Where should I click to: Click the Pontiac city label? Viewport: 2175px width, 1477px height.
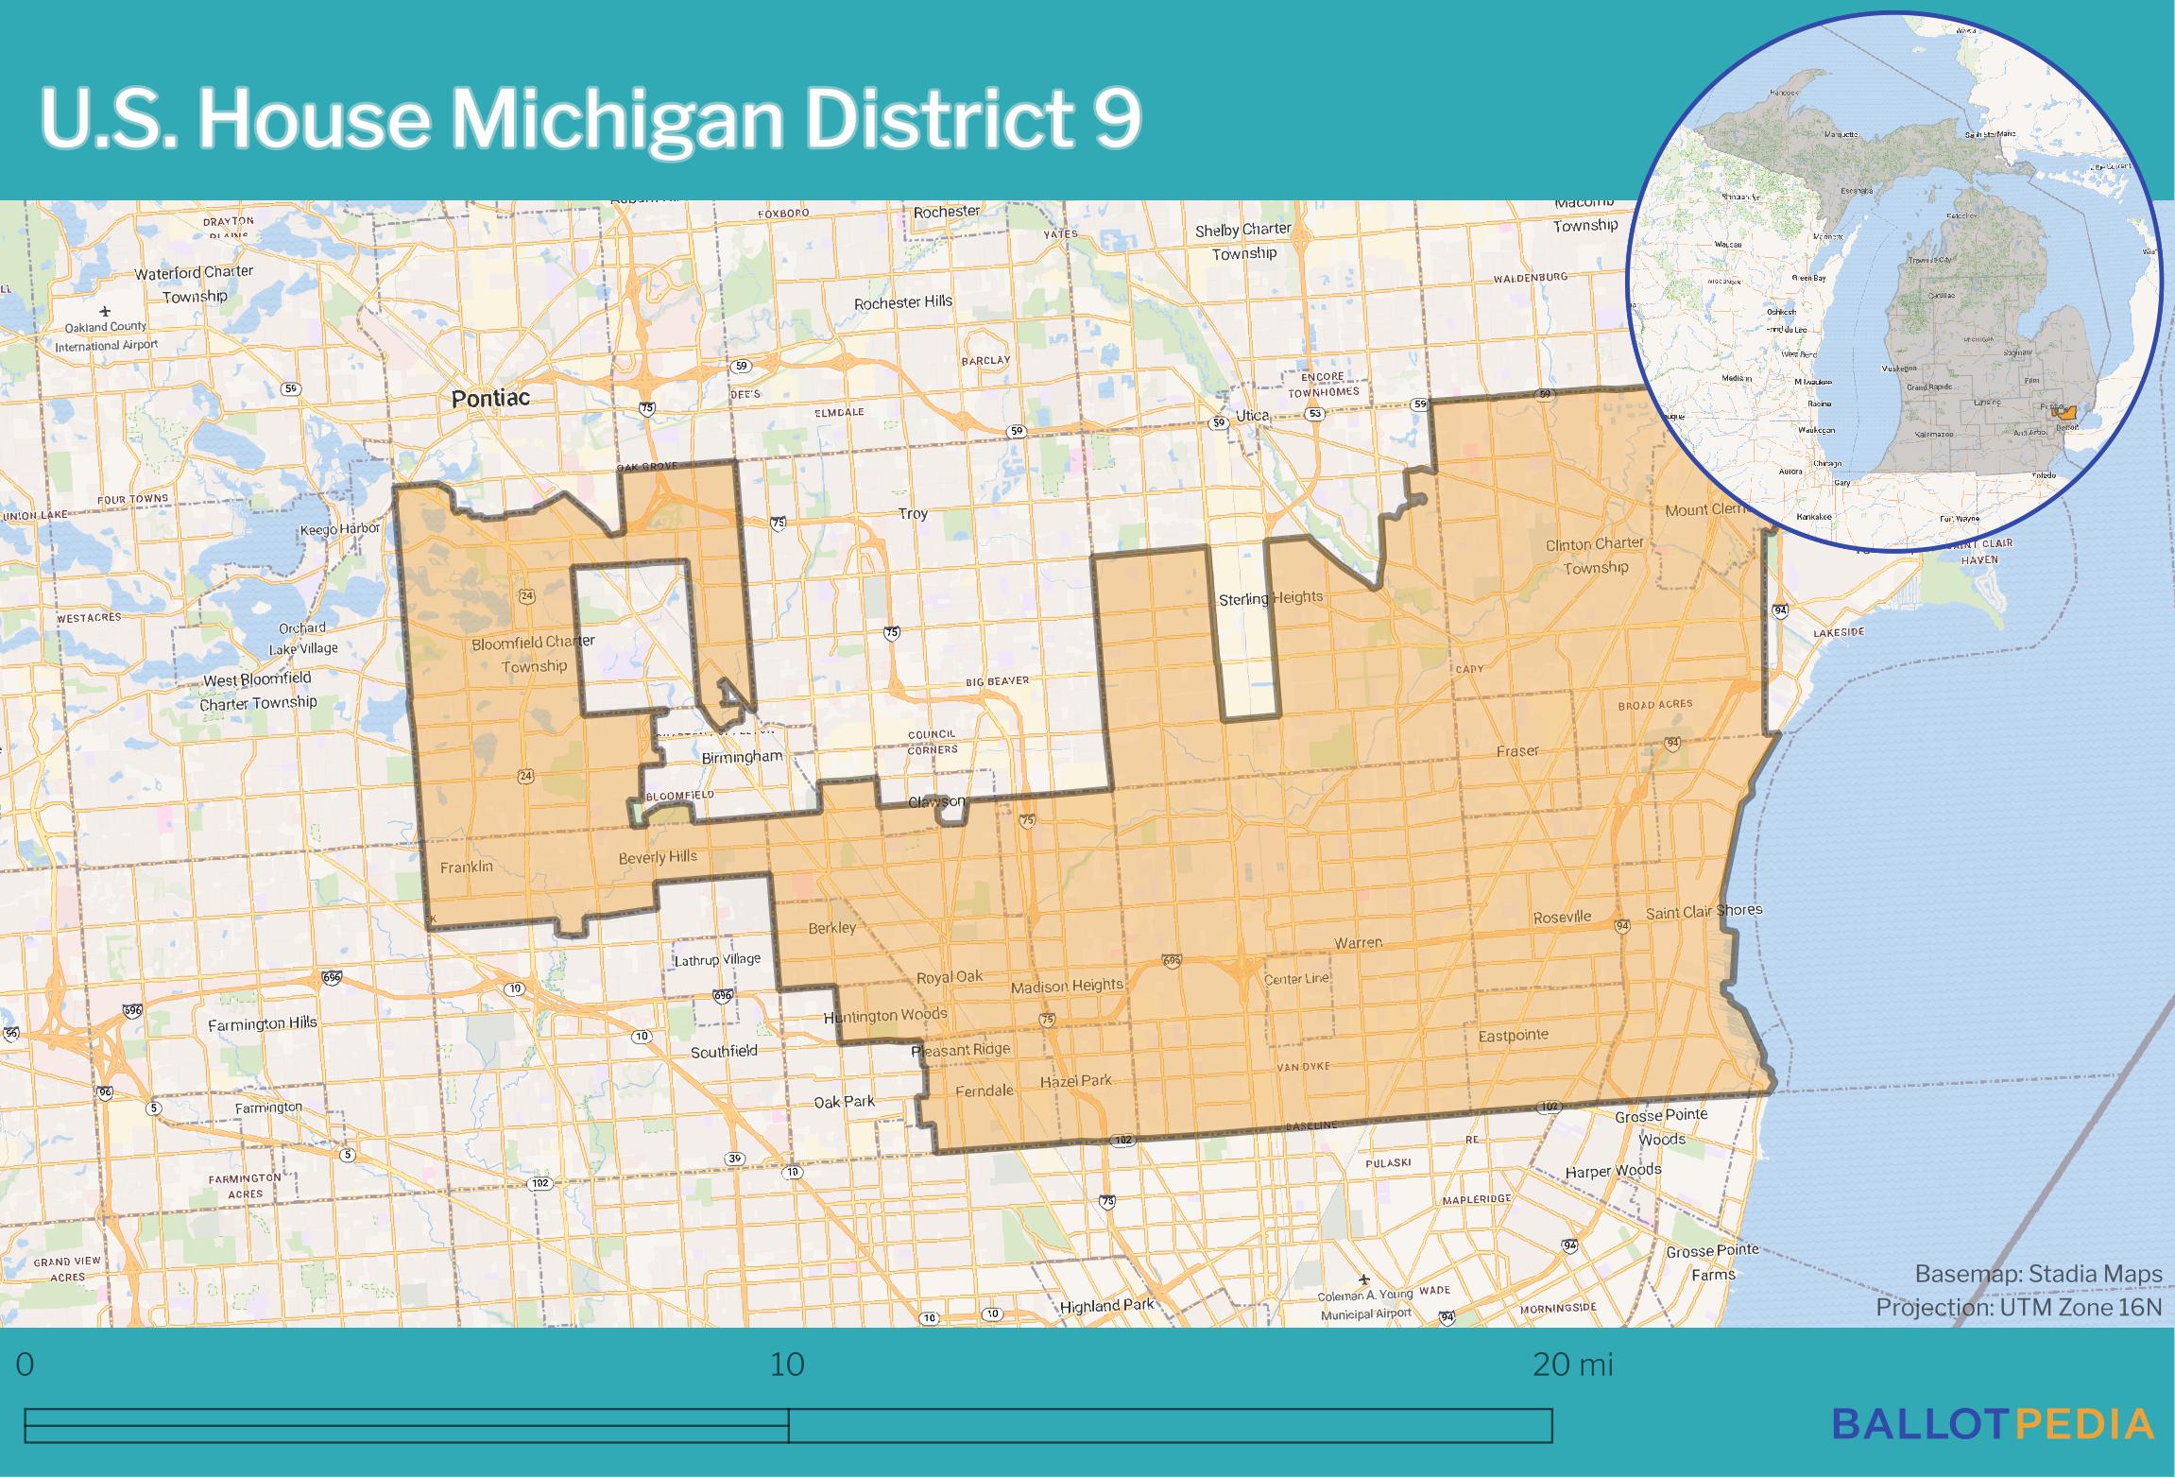click(490, 399)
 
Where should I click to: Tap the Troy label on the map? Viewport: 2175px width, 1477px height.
click(913, 514)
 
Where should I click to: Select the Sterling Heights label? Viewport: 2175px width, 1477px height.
click(1270, 599)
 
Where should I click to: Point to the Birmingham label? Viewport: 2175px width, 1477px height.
click(742, 757)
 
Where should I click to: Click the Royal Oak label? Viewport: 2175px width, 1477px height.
click(950, 977)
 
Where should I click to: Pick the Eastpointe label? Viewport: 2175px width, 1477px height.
click(1513, 1036)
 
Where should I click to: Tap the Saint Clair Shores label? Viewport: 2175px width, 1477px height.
click(1704, 912)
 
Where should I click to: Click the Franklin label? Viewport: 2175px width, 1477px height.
click(467, 867)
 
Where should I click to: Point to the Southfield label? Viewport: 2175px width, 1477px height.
click(724, 1052)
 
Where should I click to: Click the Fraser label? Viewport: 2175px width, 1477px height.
click(1517, 751)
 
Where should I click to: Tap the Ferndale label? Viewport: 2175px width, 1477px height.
click(984, 1091)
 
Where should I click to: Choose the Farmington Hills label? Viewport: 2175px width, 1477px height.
click(263, 1023)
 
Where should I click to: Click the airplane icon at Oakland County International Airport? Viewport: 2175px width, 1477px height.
click(105, 311)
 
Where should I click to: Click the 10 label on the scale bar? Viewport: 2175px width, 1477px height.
click(787, 1365)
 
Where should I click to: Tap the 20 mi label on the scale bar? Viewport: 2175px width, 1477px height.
click(1572, 1365)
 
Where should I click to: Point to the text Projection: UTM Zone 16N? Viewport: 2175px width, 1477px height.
click(2018, 1307)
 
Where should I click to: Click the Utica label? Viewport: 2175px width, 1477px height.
click(1253, 416)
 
